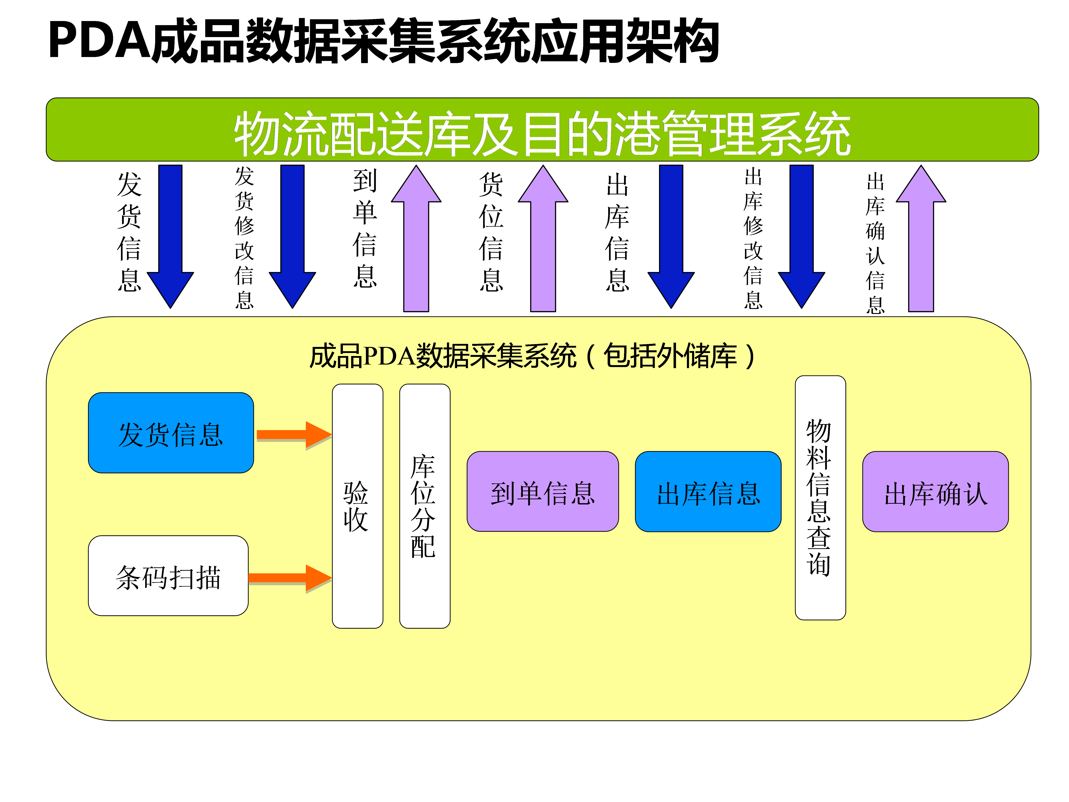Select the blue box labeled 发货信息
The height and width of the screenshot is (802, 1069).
pos(171,433)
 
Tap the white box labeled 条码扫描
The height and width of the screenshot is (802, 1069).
pos(168,575)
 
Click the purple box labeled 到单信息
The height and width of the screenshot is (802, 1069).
pos(542,492)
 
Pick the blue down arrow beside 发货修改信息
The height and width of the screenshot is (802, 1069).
pos(292,237)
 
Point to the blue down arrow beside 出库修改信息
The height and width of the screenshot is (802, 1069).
pos(801,237)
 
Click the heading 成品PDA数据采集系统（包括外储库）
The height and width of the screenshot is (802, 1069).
pos(532,356)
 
